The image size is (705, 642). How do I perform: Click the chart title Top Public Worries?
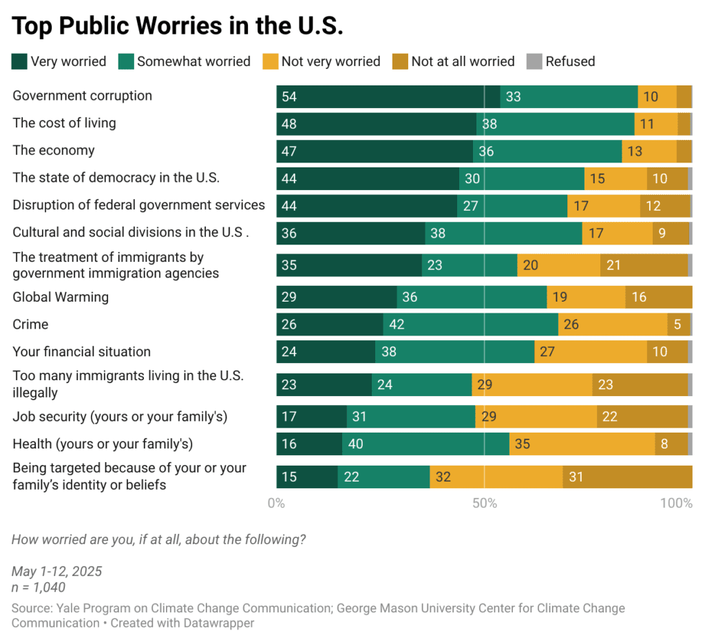178,26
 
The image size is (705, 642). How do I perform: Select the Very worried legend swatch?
20,61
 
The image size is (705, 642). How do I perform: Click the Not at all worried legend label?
463,61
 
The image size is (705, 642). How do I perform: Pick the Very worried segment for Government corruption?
388,97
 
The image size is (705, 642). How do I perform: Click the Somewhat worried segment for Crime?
470,324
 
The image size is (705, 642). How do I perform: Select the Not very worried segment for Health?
582,444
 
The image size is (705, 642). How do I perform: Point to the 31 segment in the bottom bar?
627,477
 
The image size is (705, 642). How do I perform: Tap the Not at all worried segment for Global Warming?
658,298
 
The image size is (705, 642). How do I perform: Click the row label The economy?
54,150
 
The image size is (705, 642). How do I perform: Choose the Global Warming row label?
61,298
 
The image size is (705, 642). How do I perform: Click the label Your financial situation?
81,352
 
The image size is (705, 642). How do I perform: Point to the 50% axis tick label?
485,504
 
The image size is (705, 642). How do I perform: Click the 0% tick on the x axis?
276,504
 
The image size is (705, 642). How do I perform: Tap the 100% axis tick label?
676,504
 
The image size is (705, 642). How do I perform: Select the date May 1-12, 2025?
56,571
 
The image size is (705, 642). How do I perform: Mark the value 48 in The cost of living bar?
288,125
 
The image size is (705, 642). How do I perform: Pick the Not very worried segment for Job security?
536,417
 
